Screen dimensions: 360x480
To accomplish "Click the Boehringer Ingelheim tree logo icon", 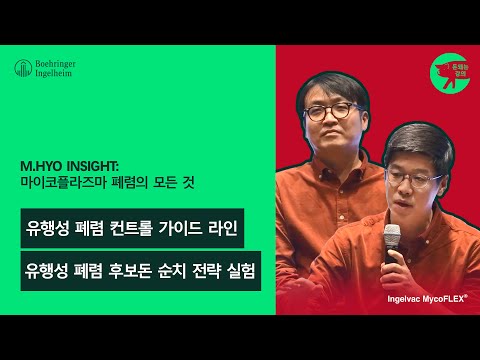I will tap(21, 68).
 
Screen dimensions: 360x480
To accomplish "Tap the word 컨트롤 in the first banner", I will tap(129, 228).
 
